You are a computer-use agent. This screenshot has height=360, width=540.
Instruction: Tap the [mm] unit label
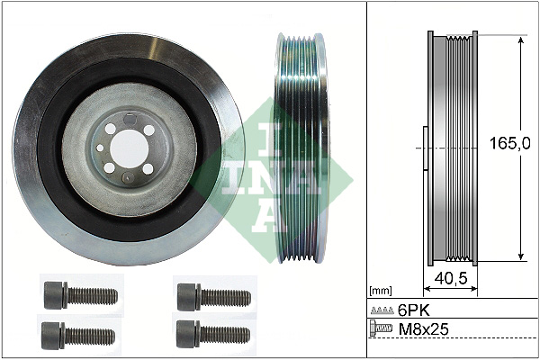pyautogui.click(x=382, y=291)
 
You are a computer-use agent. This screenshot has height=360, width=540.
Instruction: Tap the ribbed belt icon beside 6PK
pyautogui.click(x=382, y=310)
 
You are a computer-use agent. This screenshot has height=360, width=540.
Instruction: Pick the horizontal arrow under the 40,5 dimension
pyautogui.click(x=449, y=291)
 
